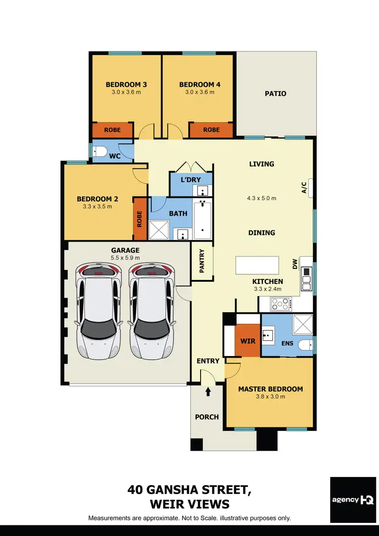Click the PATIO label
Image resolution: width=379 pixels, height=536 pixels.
275,93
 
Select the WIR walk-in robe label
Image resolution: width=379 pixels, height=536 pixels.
248,341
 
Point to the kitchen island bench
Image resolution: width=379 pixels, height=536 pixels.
257,265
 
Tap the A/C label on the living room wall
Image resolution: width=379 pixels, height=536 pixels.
304,188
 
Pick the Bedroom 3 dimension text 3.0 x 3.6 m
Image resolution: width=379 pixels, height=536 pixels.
126,92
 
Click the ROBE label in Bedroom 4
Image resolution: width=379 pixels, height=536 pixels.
211,130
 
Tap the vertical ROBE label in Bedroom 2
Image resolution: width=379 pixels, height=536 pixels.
139,218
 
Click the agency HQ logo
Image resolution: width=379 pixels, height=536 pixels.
352,500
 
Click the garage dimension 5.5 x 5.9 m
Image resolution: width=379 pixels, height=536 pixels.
125,258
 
